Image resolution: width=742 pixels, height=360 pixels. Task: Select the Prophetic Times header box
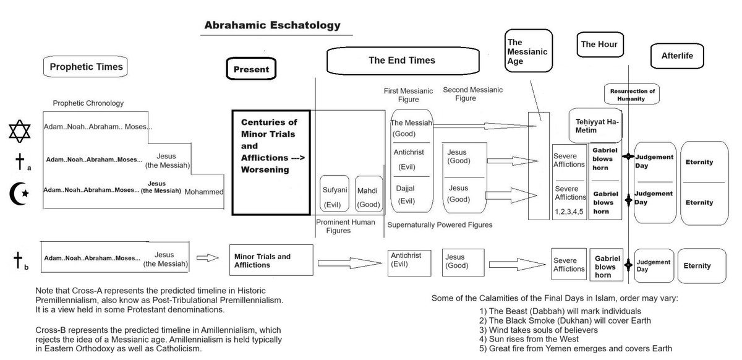(x=86, y=67)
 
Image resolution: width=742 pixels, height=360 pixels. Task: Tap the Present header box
(x=251, y=69)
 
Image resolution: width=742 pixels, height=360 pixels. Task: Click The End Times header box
(x=402, y=61)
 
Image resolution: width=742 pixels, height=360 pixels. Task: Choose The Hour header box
(x=599, y=44)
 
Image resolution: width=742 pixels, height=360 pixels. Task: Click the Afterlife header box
(x=678, y=56)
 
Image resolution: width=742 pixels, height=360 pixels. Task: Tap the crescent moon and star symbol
(x=19, y=194)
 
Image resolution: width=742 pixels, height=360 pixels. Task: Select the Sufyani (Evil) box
(x=334, y=195)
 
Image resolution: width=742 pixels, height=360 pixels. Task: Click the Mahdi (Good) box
(x=367, y=195)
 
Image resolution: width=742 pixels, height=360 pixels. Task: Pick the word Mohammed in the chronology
(x=204, y=192)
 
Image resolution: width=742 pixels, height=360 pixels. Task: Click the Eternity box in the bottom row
(x=697, y=266)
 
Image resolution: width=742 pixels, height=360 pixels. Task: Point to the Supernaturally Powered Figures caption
(x=440, y=225)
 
